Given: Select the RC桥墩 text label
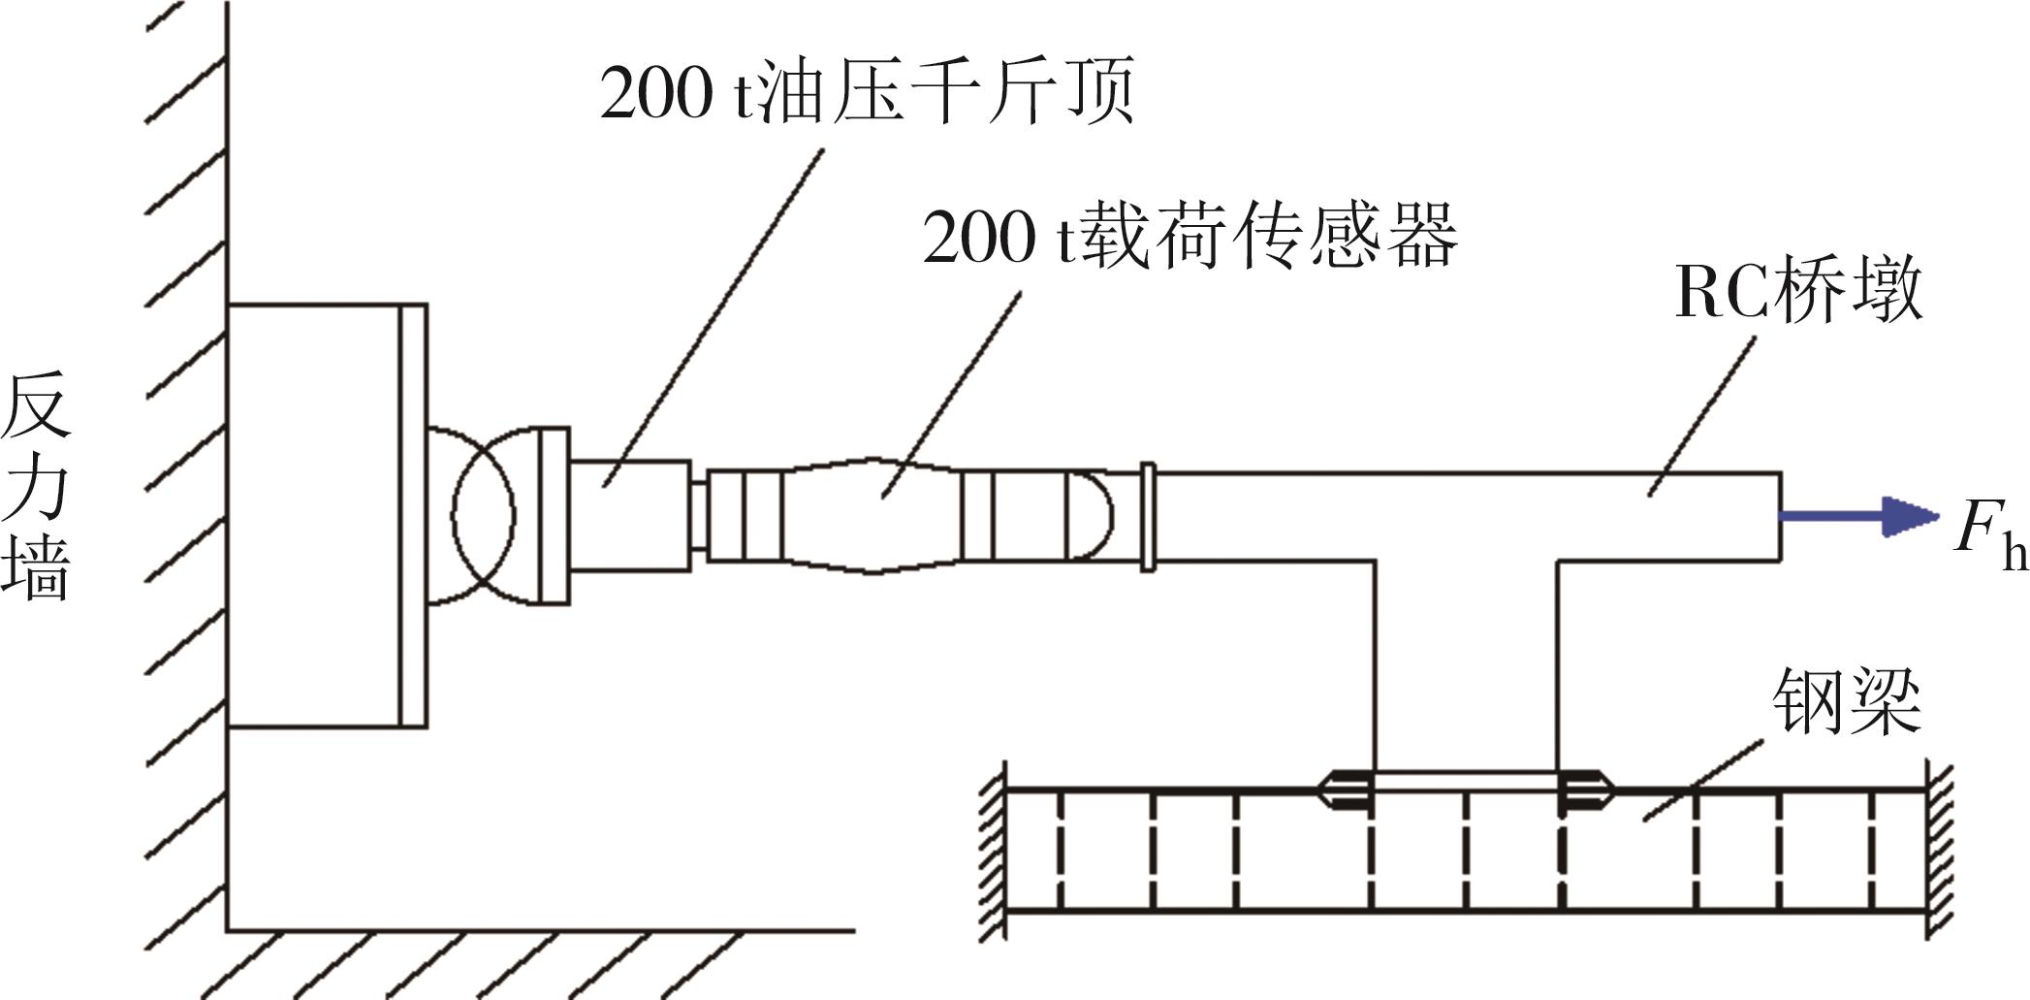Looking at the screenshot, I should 1798,291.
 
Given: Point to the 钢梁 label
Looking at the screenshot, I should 1847,701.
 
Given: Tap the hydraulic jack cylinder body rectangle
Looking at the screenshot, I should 629,515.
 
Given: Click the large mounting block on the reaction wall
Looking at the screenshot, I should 314,515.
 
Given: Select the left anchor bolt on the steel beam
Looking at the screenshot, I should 1345,790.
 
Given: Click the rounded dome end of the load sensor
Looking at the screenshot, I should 1090,515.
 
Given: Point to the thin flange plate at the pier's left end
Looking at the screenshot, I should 1148,516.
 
